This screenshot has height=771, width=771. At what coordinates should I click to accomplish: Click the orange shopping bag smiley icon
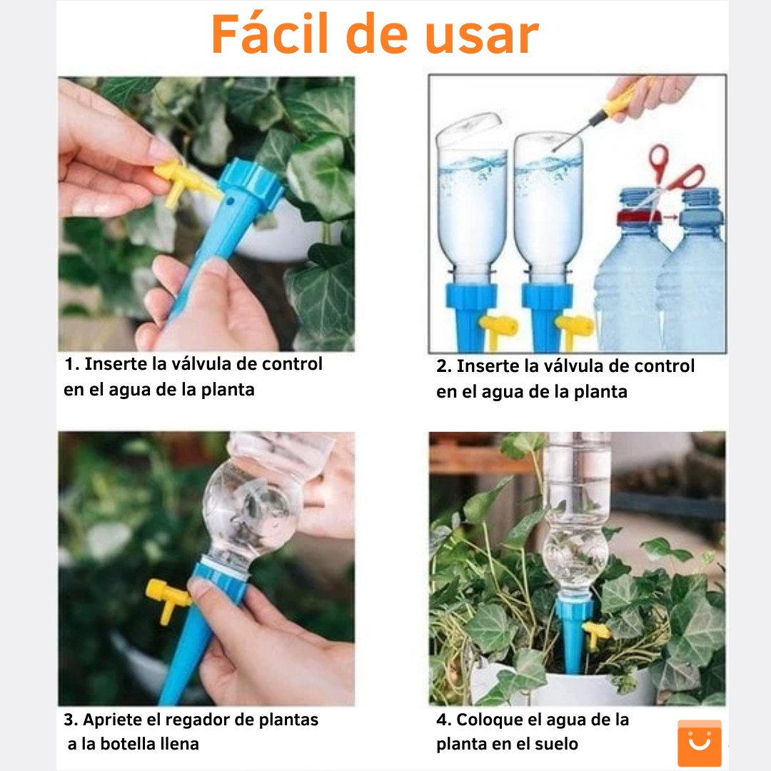pos(699,743)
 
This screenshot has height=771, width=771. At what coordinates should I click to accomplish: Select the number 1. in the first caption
pos(71,364)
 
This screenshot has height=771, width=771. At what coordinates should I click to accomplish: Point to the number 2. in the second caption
pos(444,367)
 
